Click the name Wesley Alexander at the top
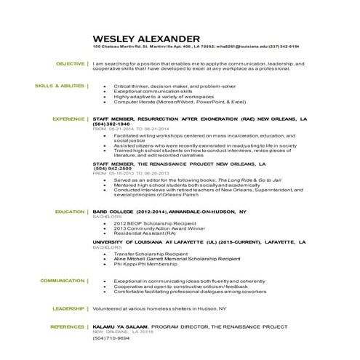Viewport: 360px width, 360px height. (146, 39)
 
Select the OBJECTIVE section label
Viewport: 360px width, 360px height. (71, 63)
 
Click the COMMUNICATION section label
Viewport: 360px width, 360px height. (63, 279)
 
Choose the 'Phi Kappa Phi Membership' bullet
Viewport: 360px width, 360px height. (143, 264)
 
